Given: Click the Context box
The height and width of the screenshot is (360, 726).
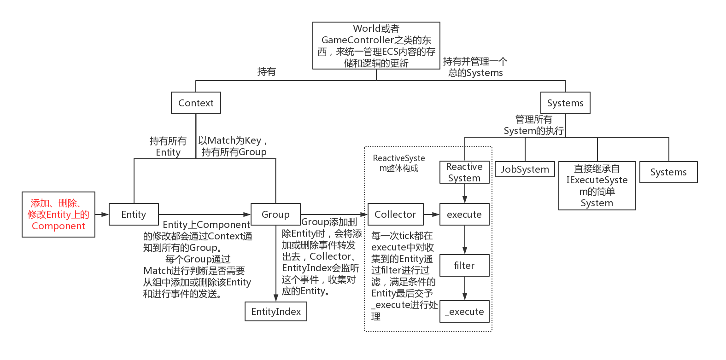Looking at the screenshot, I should point(196,103).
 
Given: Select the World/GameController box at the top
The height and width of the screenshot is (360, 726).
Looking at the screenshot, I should point(376,46).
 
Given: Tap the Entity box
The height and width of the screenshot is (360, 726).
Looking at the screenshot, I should point(134,215).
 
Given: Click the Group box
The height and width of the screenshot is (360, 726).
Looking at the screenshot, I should point(275,215).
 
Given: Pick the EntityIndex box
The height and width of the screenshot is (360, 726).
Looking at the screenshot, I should point(275,312).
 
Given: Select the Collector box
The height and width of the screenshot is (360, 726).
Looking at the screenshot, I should point(395,215).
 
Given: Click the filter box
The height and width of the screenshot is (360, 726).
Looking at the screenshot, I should point(464,266).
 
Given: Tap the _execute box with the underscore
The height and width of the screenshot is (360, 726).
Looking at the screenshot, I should point(464,312).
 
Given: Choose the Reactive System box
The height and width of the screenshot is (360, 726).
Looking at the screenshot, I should point(464,172).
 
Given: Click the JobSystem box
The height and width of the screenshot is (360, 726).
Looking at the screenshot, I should point(525,169).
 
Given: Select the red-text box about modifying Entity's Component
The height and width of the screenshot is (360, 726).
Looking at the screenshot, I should point(59,215).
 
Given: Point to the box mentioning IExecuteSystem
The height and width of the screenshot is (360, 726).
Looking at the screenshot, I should point(597,186).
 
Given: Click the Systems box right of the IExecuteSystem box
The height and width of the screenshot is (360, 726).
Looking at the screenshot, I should point(668,172).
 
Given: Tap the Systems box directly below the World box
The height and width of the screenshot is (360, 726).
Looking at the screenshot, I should point(565,103).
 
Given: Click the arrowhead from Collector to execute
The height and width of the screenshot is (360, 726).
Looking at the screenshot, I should point(435,215).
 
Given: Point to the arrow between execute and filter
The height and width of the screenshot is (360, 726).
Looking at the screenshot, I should point(464,240).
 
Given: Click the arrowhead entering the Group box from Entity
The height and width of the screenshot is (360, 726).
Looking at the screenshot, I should point(247,215).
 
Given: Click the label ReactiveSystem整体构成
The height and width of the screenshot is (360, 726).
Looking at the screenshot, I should point(399,163).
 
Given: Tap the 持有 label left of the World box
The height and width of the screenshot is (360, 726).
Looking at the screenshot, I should point(266,72).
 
